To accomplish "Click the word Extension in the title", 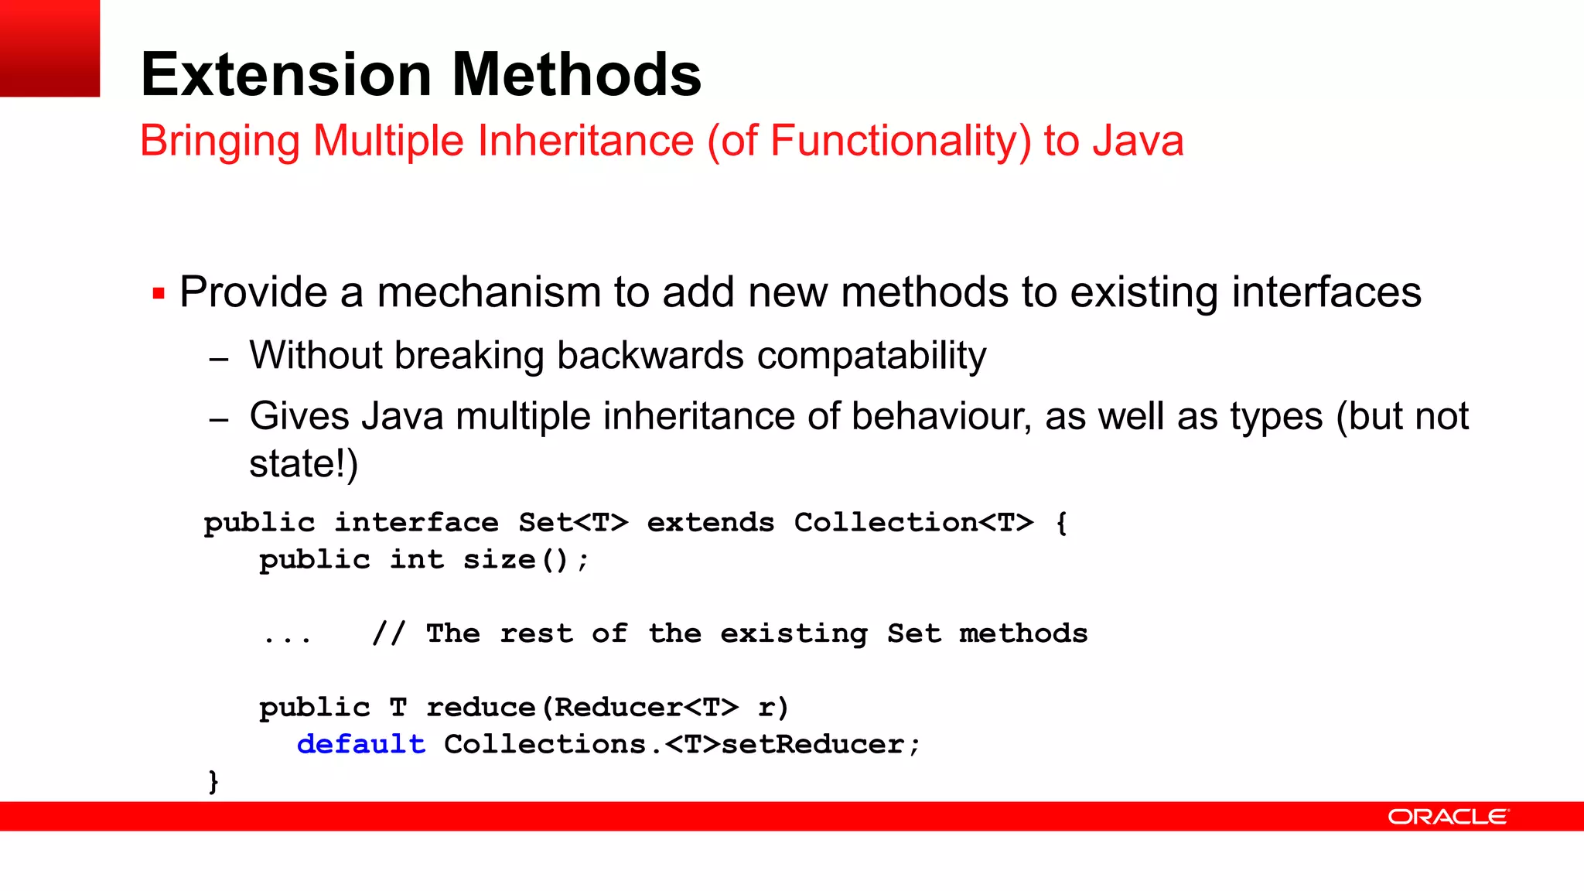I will click(x=286, y=74).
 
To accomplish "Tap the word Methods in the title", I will click(x=576, y=74).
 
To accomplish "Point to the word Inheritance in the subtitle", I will click(x=585, y=141).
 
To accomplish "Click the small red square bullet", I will click(x=159, y=294).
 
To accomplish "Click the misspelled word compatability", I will click(x=871, y=356).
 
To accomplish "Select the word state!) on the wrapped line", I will click(x=303, y=464).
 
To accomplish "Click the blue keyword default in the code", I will click(x=360, y=744).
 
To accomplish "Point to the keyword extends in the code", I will click(x=710, y=523).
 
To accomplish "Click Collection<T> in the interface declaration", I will click(x=913, y=523).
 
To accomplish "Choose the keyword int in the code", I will click(x=416, y=559).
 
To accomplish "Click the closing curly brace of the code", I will click(x=213, y=781).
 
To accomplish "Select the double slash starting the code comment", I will click(x=388, y=633).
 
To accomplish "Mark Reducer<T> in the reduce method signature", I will click(x=646, y=708).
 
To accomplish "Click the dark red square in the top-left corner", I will click(x=49, y=48).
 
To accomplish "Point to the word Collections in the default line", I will click(x=544, y=744).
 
